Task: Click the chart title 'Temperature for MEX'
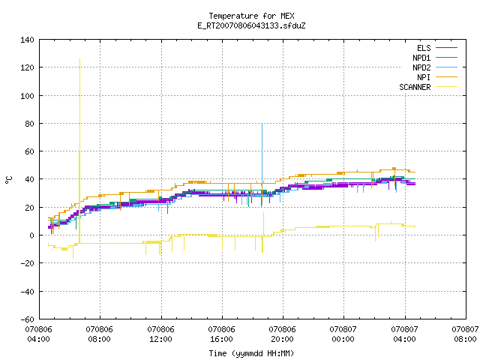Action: [x=251, y=16]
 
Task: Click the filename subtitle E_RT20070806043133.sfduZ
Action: [x=251, y=25]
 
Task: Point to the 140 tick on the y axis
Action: [x=27, y=40]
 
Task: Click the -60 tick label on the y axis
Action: [x=27, y=319]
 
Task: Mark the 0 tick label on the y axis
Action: [x=31, y=235]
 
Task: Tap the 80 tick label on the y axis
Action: [x=30, y=124]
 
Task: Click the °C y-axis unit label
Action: [x=8, y=180]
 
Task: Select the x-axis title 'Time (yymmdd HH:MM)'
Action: [x=251, y=353]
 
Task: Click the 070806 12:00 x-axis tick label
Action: [x=160, y=334]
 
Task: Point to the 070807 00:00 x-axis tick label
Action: [x=343, y=334]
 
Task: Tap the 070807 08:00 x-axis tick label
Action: [x=465, y=334]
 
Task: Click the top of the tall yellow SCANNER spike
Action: [x=80, y=58]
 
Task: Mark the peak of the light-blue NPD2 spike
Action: [x=262, y=124]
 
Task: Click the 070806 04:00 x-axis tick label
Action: [x=38, y=334]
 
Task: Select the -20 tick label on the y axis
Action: [x=27, y=263]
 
